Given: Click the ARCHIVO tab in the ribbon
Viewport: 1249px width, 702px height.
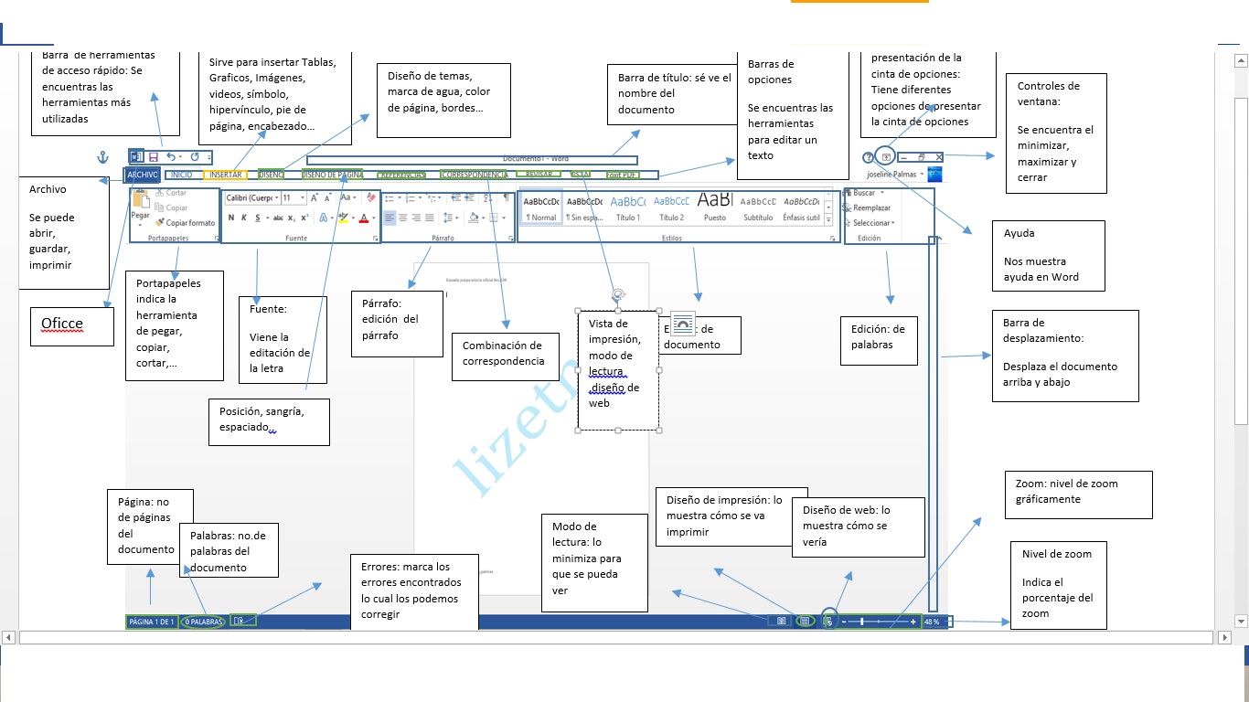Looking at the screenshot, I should (x=143, y=174).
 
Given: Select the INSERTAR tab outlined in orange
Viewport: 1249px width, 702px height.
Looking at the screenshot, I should (x=225, y=174).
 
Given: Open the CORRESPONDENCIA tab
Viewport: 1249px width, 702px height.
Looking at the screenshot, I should (x=474, y=174).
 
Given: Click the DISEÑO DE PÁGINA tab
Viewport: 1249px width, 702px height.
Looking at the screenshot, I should (x=333, y=174).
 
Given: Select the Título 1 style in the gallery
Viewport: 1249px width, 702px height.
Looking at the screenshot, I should (x=628, y=208).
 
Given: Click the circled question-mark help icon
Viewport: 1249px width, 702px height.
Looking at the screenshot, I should (x=869, y=157).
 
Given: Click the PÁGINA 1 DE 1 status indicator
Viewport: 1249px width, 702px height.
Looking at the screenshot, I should (x=152, y=622).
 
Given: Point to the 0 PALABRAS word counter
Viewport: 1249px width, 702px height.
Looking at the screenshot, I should (x=203, y=622).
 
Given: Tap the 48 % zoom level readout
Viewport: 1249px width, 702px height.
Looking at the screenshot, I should (x=932, y=622).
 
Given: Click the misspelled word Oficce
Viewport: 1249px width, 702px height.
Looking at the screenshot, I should (x=62, y=324).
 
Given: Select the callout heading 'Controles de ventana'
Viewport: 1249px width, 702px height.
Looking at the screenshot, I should (x=1048, y=93).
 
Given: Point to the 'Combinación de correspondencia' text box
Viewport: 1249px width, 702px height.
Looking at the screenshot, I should (x=502, y=353).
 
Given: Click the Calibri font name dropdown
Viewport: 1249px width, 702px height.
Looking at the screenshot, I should (x=251, y=197).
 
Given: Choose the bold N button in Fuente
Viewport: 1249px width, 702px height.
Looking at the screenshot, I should (x=231, y=218).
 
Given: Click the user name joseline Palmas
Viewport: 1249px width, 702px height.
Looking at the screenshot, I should (x=892, y=174).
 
